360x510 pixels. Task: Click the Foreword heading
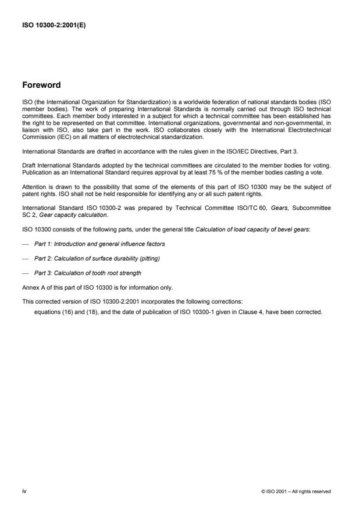(x=41, y=85)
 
